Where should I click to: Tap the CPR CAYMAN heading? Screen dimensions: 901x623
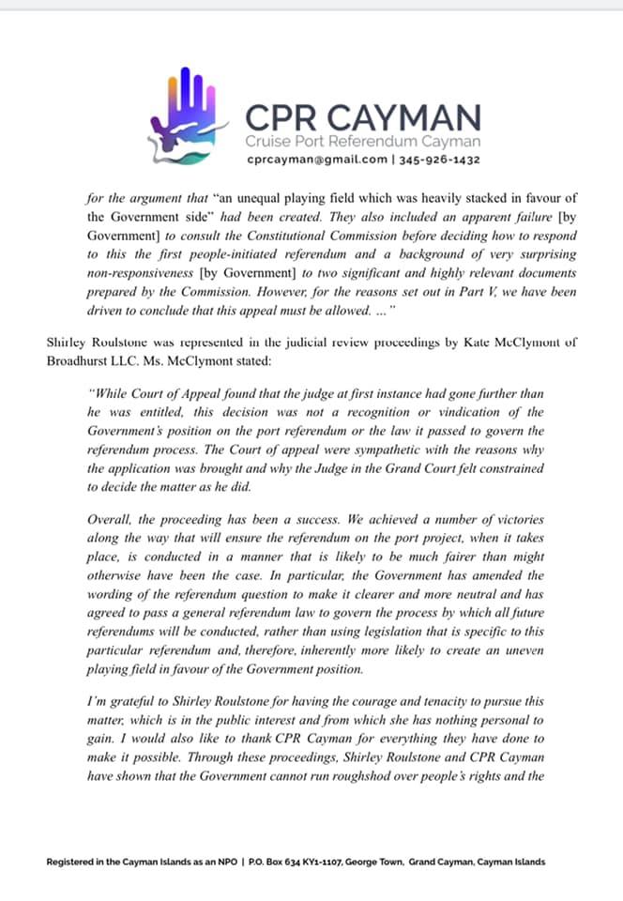[x=362, y=118]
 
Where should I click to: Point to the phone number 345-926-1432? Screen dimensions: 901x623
[x=441, y=160]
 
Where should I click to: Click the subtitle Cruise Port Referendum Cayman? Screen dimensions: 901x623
[x=362, y=142]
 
